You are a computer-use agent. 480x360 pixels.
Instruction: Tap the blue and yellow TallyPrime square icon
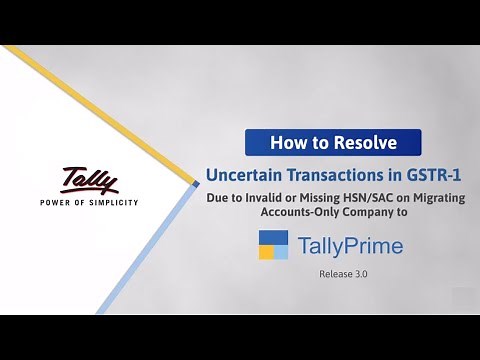(273, 245)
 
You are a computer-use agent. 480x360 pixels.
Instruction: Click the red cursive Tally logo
(89, 180)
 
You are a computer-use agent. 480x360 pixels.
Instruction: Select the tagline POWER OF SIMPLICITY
(88, 201)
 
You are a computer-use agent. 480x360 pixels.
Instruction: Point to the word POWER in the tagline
(54, 201)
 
